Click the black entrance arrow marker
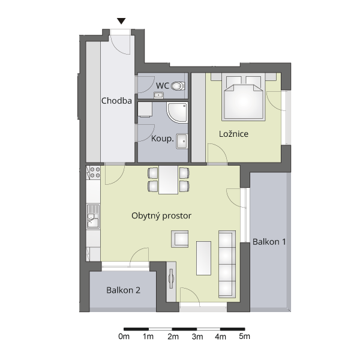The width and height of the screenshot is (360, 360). [x=121, y=21]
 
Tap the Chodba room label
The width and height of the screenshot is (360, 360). [x=116, y=101]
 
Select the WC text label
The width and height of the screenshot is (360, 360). [x=163, y=86]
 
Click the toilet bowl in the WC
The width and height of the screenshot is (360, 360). [x=178, y=86]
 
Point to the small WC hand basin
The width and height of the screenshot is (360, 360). [x=158, y=95]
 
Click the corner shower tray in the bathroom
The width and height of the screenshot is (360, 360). [x=177, y=113]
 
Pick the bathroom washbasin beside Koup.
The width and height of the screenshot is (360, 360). [x=182, y=141]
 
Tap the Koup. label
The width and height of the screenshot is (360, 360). [x=163, y=139]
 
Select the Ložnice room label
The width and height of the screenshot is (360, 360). [x=233, y=134]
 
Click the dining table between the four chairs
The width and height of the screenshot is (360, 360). [x=168, y=180]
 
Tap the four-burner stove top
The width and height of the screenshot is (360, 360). [x=95, y=172]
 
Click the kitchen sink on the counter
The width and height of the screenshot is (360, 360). [x=93, y=217]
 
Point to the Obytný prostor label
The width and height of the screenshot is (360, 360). [x=161, y=216]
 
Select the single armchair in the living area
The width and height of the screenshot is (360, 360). [x=180, y=239]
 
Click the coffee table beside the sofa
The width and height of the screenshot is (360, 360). [x=203, y=258]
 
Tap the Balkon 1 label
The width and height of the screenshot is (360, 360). [x=269, y=242]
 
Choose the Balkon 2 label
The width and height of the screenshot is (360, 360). [x=123, y=290]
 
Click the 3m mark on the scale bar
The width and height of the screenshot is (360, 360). [x=197, y=329]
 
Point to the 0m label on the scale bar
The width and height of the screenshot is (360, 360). [x=124, y=337]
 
